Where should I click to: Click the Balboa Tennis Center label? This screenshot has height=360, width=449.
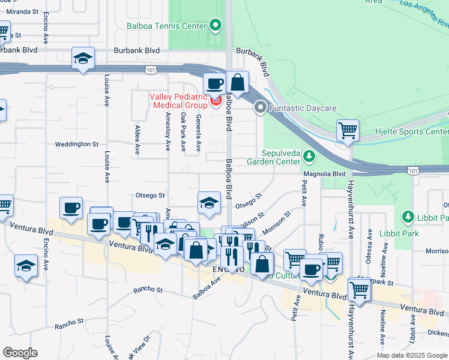pyautogui.click(x=166, y=26)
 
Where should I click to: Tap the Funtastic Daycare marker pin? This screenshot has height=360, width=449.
pyautogui.click(x=261, y=108)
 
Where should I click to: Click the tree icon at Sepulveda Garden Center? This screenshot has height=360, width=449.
pyautogui.click(x=309, y=156)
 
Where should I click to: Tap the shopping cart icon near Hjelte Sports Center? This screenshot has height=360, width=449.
pyautogui.click(x=348, y=130)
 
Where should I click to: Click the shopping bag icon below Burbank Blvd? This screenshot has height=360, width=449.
pyautogui.click(x=238, y=82)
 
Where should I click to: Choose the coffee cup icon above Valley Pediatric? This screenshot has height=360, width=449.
pyautogui.click(x=214, y=83)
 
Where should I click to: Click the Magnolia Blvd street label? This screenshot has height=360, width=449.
pyautogui.click(x=325, y=174)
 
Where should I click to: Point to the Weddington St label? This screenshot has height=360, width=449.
pyautogui.click(x=76, y=144)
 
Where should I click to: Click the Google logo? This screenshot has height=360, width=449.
pyautogui.click(x=20, y=353)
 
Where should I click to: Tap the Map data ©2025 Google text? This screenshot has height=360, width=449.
pyautogui.click(x=411, y=355)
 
